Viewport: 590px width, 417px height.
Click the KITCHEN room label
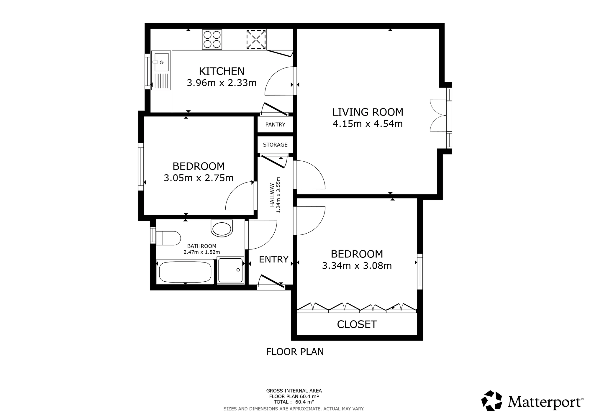coord(222,71)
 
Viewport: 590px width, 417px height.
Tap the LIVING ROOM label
coord(368,112)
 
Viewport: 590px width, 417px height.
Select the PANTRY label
coord(275,124)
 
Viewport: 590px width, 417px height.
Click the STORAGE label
coord(275,145)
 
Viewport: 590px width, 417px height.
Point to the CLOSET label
coord(357,324)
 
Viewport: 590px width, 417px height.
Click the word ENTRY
coord(274,259)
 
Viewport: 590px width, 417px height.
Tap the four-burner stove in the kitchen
coord(212,39)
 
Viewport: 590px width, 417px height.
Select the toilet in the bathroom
coord(168,238)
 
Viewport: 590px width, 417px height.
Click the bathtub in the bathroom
coord(185,272)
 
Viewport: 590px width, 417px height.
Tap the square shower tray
coord(231,270)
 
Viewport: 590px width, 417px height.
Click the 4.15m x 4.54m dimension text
coord(368,124)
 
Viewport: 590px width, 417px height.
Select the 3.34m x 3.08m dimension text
coord(357,266)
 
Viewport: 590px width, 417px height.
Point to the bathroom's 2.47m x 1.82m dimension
coord(202,252)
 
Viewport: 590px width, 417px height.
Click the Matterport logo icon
coord(492,400)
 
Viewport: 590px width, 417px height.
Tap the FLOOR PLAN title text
coord(295,352)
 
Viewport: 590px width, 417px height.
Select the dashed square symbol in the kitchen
coord(256,39)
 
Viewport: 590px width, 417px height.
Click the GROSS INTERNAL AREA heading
coord(294,391)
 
